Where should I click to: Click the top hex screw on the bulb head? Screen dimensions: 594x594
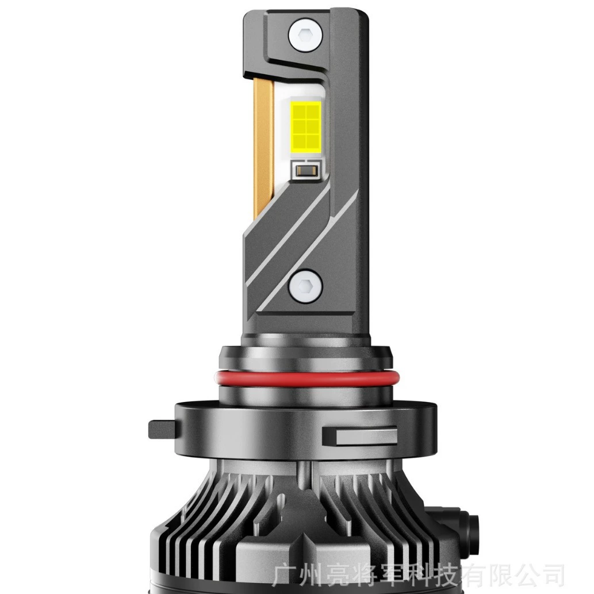(305, 35)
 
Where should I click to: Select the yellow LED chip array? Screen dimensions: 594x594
(305, 126)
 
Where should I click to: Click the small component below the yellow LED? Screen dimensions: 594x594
(306, 170)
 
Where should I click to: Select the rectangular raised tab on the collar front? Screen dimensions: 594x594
(359, 436)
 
